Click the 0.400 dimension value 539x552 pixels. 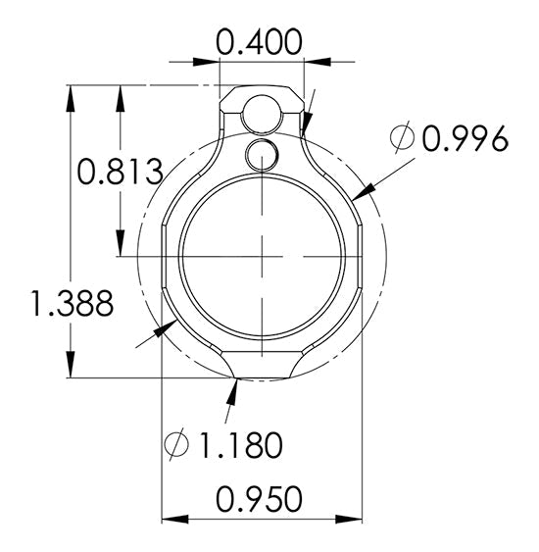pos(258,42)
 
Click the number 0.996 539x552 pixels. pos(464,140)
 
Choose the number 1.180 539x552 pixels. pos(241,445)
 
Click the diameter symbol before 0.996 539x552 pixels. pos(402,140)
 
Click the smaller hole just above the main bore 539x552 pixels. pos(263,154)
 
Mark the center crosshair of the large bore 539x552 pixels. pos(262,257)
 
